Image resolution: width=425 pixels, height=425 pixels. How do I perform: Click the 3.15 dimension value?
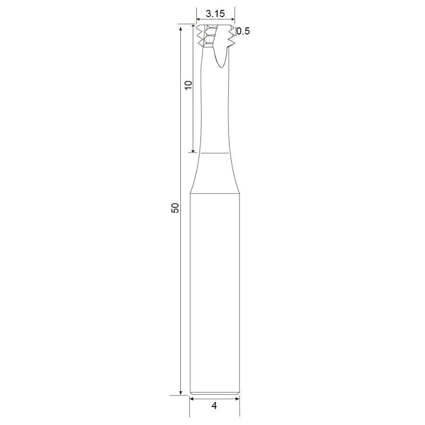coord(215,14)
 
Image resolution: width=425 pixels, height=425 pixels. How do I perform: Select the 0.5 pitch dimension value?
coord(243,32)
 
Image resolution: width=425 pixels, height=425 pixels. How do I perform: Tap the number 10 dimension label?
coord(188,85)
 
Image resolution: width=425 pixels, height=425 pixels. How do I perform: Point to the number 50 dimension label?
coord(175,208)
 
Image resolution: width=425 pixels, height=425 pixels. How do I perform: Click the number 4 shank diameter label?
coord(214,406)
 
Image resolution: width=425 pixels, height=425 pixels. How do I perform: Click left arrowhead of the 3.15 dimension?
coord(199,19)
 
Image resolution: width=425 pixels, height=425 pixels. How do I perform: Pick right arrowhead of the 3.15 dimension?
coord(232,19)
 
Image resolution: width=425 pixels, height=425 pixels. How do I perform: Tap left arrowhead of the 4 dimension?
coord(192,399)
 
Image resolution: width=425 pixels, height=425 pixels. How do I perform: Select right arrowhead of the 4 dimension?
coord(237,399)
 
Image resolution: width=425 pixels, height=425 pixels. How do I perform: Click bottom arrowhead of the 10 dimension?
coord(193,150)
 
